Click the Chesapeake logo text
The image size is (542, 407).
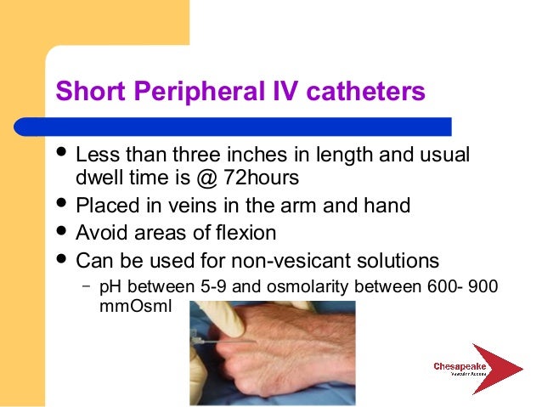460,367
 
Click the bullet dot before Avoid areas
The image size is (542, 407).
60,232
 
